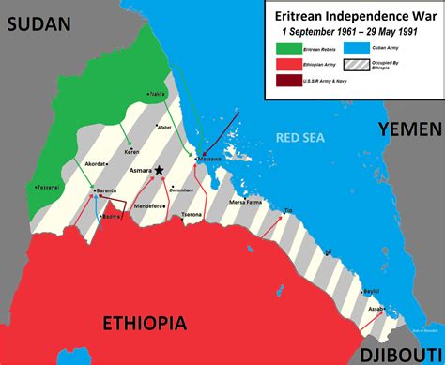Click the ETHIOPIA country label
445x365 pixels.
click(159, 324)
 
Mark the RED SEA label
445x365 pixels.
click(300, 139)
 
